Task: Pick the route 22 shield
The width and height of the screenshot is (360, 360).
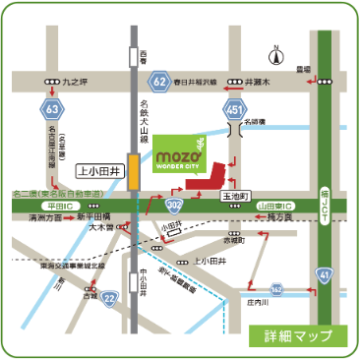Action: click(x=111, y=297)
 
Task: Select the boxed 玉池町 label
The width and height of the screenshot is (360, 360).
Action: click(x=233, y=198)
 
